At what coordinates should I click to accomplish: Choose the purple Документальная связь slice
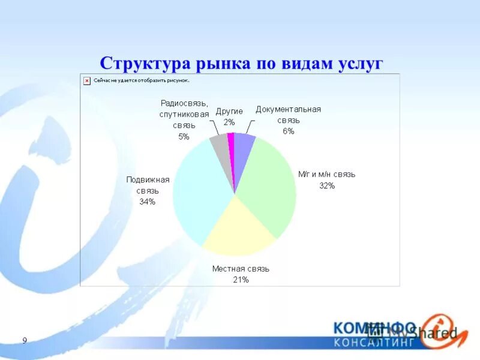[243, 144]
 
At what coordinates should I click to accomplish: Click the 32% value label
[327, 186]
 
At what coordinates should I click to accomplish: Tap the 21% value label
[241, 280]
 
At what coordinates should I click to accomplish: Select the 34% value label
[148, 202]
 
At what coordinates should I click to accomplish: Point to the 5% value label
[184, 137]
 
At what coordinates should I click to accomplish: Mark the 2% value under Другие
[229, 122]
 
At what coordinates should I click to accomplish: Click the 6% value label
[288, 131]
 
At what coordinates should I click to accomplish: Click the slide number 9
[25, 341]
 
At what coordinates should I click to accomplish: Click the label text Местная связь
[241, 269]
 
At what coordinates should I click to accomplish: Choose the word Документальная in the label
[288, 109]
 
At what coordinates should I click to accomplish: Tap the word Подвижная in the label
[148, 179]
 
